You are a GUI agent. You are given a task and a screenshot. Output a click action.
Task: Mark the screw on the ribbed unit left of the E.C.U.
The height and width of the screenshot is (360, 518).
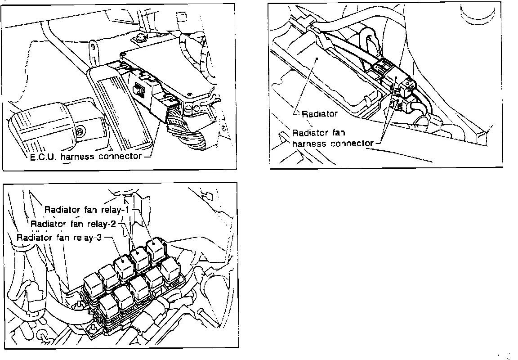coord(80,131)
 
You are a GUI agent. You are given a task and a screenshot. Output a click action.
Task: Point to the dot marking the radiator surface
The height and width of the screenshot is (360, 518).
coord(317,58)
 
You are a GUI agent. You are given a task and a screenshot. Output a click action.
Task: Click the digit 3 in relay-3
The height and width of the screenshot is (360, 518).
coord(99,238)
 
